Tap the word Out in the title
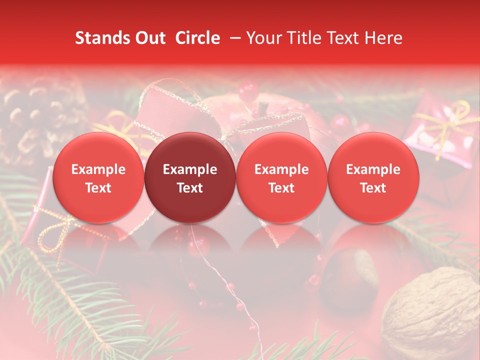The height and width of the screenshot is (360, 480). point(149,38)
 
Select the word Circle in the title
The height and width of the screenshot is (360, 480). point(197,38)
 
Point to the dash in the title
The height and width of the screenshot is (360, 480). point(233,38)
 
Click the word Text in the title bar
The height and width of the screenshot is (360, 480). point(345,38)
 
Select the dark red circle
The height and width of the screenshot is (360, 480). point(190,177)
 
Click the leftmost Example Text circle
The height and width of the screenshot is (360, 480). point(98,177)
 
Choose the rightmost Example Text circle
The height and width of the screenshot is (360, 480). point(373,177)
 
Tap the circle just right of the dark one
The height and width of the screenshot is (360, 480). point(281,177)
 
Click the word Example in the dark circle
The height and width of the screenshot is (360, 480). point(190,169)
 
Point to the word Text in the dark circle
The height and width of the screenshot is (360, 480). point(190,188)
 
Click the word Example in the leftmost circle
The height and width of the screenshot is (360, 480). point(98,169)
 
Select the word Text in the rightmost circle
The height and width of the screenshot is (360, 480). point(373,188)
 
